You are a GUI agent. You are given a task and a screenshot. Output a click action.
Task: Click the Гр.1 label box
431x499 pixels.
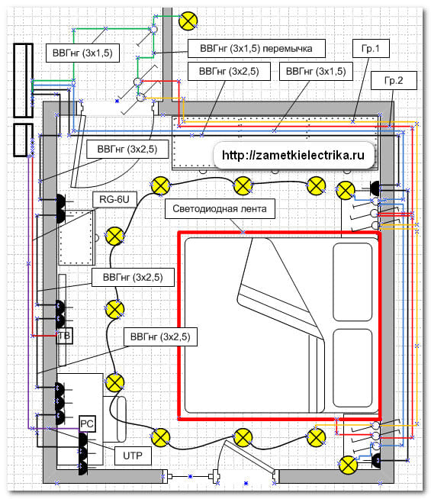coord(371,48)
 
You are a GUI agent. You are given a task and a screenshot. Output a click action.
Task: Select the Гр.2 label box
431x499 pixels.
coord(394,80)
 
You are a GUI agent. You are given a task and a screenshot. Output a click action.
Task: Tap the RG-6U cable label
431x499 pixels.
coord(114,200)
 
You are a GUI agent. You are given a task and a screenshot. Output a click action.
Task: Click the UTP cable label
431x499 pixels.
coord(133,456)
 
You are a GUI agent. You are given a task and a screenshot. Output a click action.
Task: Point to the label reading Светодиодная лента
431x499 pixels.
coord(220,209)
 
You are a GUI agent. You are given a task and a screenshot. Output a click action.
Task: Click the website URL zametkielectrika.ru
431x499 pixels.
coord(293,156)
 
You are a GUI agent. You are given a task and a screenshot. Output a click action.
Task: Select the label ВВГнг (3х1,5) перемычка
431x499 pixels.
coord(256,48)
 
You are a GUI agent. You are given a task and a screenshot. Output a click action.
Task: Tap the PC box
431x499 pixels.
coord(87,424)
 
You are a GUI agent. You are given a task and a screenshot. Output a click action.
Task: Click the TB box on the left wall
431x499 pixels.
coord(65,336)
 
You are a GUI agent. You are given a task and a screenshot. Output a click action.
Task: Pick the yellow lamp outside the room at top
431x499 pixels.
coord(188,21)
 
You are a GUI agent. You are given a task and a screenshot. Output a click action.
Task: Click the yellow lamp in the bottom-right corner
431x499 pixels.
coord(348,465)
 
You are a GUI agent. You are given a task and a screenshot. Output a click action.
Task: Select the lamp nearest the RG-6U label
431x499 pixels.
coord(114,236)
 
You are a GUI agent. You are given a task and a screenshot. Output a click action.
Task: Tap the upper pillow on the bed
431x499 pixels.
coord(352,282)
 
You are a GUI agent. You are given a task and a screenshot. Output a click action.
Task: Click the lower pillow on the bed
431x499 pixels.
coord(352,368)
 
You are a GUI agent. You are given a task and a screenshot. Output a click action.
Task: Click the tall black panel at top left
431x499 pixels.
coord(23,80)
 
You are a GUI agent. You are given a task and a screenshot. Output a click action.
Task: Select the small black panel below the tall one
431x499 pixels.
coord(23,140)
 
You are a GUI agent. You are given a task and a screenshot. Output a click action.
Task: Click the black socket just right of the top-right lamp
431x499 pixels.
coord(375,188)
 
